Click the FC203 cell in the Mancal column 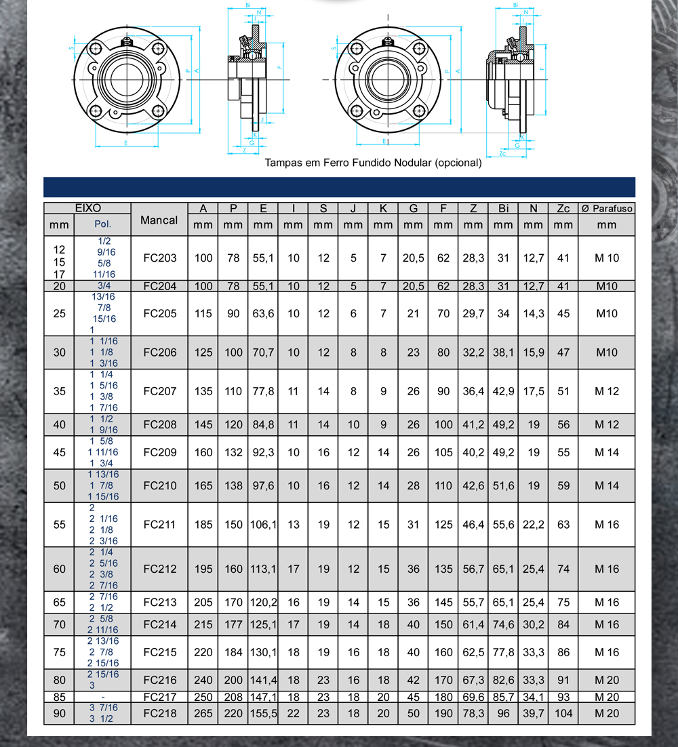point(160,258)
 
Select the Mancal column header point(159,220)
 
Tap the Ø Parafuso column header point(607,208)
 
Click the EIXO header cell point(87,208)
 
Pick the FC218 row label point(160,713)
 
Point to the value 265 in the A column point(203,713)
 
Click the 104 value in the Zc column point(563,713)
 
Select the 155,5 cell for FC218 point(263,713)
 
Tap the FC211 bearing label point(160,525)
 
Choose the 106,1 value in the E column point(263,525)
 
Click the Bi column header point(503,208)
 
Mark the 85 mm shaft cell point(60,697)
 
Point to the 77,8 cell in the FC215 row point(503,652)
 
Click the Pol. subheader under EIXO point(102,224)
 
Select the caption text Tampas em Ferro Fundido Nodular point(373,163)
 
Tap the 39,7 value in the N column point(533,713)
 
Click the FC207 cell point(160,391)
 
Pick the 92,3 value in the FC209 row point(263,452)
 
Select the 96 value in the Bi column point(503,713)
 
